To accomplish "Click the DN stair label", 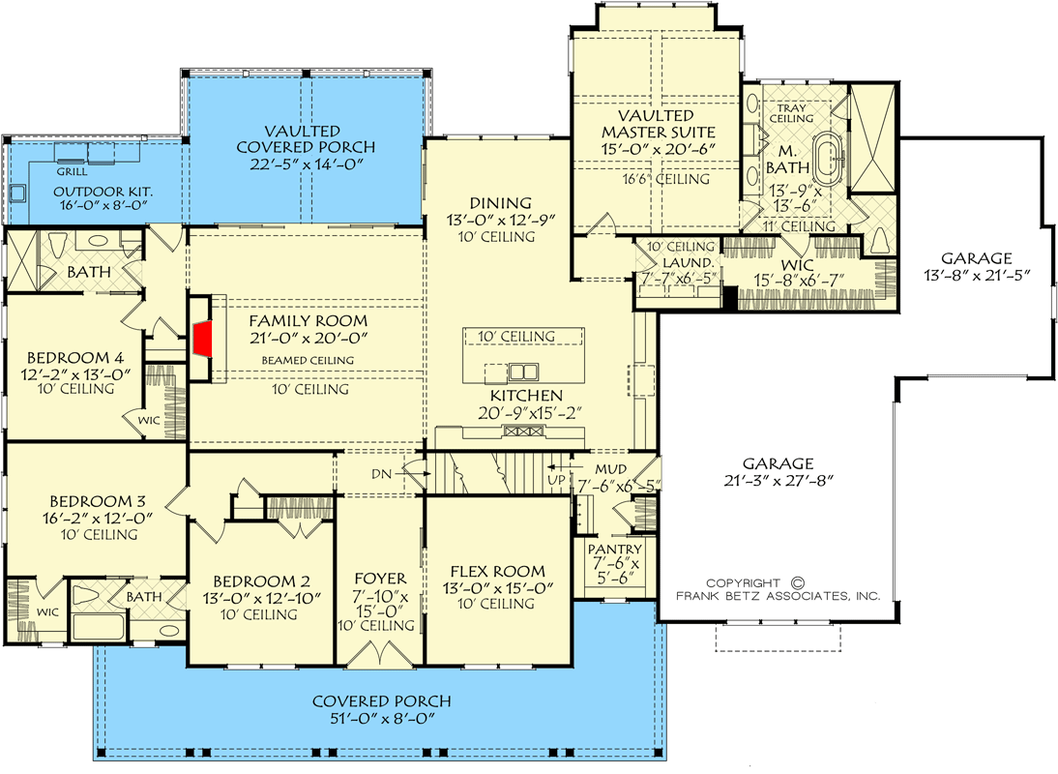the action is [x=381, y=474].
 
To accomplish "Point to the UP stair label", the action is [x=557, y=480].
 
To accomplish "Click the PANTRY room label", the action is [x=614, y=550].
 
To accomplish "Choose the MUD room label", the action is [x=610, y=469].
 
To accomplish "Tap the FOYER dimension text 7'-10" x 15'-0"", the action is [x=381, y=604].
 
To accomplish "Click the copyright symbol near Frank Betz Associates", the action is [x=797, y=582].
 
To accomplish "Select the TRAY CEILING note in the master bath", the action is [x=791, y=113].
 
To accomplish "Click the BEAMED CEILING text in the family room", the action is [x=308, y=361].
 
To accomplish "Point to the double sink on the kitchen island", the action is [x=523, y=372].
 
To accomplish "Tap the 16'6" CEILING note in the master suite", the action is [x=665, y=180].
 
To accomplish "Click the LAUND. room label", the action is [x=688, y=262].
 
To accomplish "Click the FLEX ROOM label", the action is [x=498, y=572].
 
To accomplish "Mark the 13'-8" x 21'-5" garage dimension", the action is [x=977, y=276].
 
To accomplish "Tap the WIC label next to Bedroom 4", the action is [x=149, y=421].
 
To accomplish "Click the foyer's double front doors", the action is [x=381, y=654].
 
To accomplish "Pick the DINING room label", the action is [x=501, y=203].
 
